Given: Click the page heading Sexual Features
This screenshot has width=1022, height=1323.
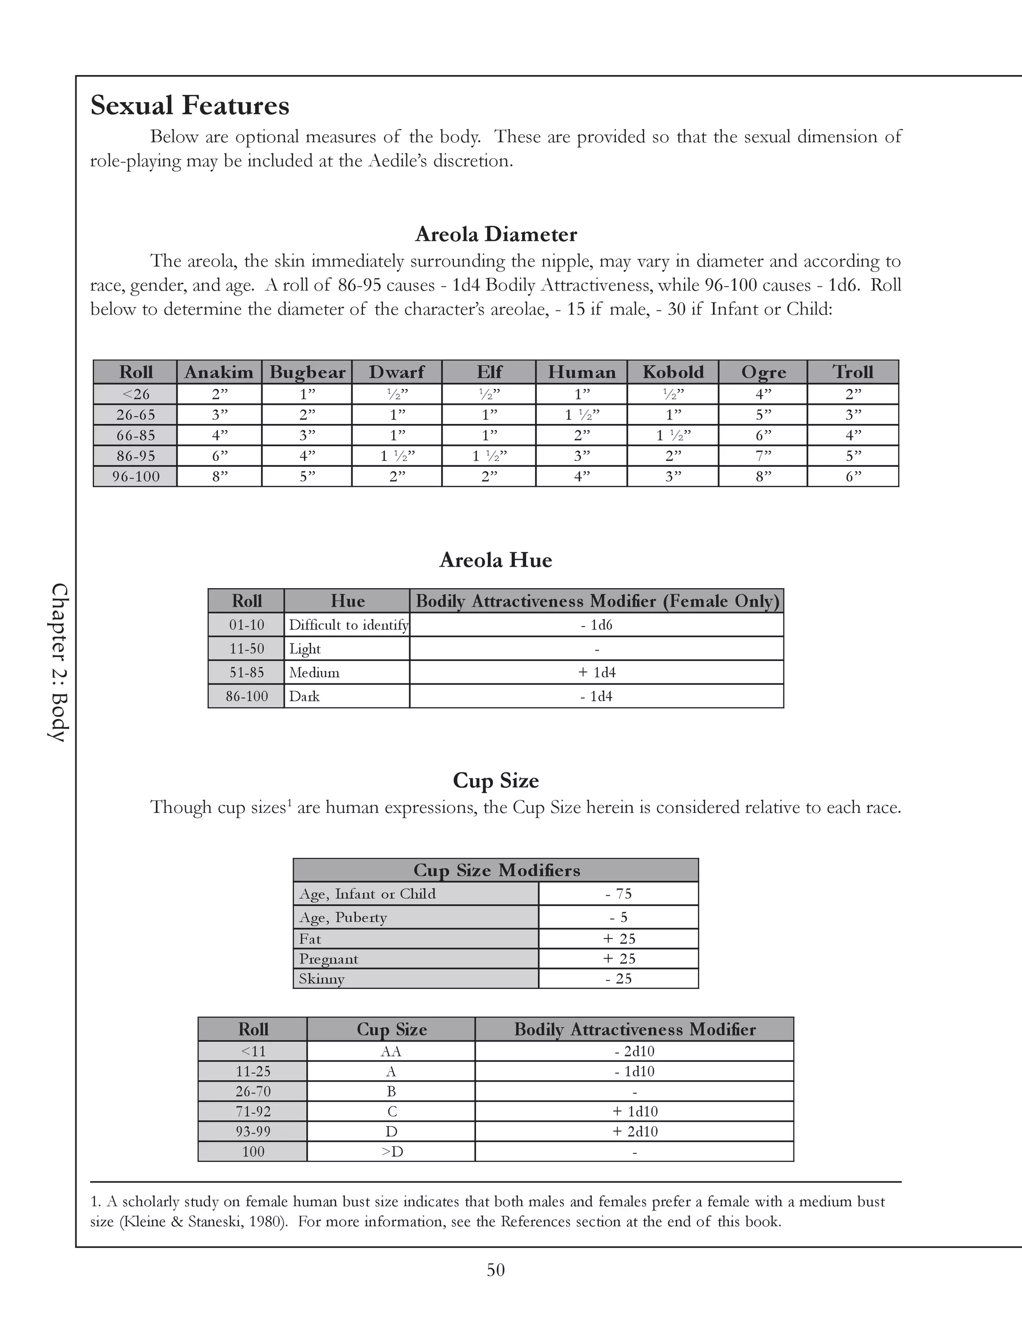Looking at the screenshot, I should [190, 105].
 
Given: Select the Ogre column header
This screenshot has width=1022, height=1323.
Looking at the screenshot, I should [764, 372].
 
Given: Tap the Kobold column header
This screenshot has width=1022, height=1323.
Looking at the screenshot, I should [673, 372].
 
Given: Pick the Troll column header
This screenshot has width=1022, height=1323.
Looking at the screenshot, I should [852, 372].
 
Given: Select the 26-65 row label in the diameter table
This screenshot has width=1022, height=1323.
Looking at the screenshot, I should [136, 415].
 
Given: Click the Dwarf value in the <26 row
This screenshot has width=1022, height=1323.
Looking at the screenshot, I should [397, 394].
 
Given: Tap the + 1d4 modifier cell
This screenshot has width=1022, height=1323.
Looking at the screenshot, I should [596, 672].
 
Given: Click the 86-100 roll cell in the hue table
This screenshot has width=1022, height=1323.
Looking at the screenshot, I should [247, 696].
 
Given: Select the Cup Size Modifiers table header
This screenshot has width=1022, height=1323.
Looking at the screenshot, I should [496, 871].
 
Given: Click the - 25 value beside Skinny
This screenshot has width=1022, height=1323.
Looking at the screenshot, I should [618, 979].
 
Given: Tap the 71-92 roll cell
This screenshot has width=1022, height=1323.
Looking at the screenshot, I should [253, 1112].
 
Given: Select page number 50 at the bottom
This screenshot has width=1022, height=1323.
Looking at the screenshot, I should [495, 1270].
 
